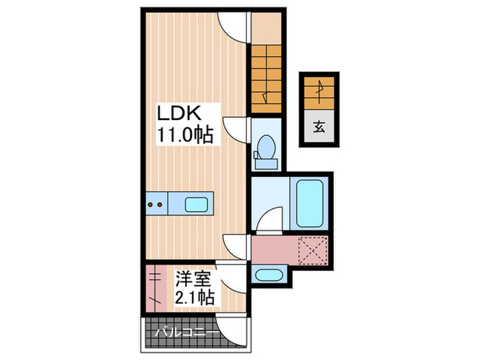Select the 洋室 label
click(191, 278)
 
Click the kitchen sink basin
click(198, 203)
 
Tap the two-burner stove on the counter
click(156, 203)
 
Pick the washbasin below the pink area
click(267, 276)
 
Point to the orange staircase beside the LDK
click(265, 75)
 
